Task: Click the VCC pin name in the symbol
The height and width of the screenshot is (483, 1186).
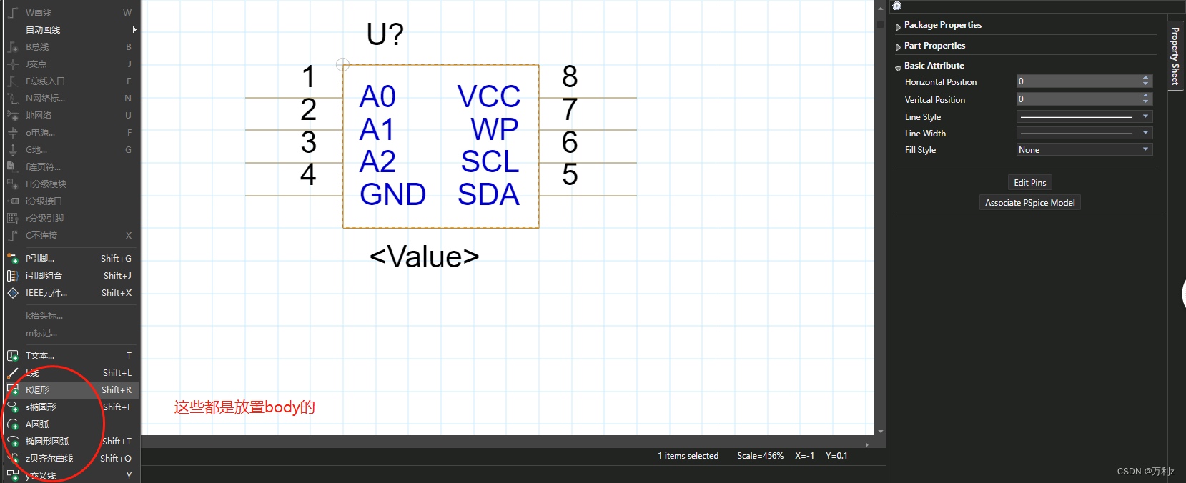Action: [x=489, y=96]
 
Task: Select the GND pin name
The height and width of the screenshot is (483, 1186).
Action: [x=392, y=194]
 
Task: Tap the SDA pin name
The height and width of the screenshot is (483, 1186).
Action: [x=488, y=194]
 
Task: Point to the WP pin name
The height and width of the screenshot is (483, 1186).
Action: [x=494, y=129]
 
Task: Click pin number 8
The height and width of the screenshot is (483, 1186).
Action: [x=570, y=76]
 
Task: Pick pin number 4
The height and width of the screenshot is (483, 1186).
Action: [x=308, y=174]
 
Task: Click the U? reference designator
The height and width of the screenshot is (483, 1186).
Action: [x=385, y=34]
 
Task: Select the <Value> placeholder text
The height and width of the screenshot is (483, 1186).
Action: [x=424, y=257]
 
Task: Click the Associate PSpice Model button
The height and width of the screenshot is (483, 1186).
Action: [x=1029, y=203]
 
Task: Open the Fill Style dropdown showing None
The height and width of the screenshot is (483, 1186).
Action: [x=1084, y=150]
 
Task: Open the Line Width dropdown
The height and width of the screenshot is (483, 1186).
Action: [x=1084, y=134]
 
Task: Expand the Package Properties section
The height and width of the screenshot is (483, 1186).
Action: [x=942, y=25]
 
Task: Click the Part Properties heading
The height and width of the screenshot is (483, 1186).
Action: [x=934, y=46]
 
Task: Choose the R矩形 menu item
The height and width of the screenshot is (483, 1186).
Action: [x=38, y=390]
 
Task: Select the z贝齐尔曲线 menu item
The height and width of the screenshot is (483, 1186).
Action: [x=49, y=459]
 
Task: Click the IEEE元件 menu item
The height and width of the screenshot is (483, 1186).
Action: [x=46, y=293]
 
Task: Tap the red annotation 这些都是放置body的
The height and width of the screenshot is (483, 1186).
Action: [x=244, y=407]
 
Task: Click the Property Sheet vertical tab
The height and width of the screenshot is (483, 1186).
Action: [x=1175, y=56]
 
